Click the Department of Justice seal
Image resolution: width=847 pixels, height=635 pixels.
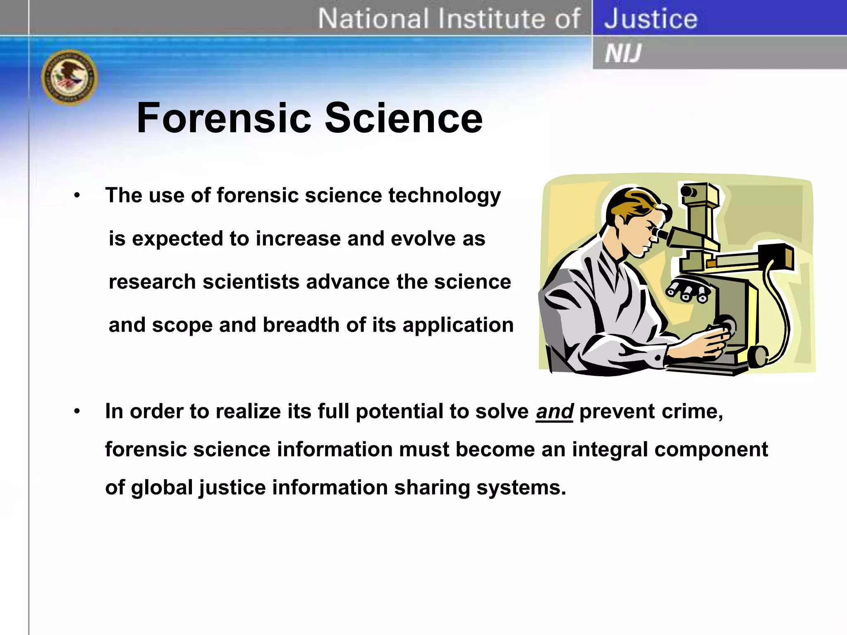pos(69,77)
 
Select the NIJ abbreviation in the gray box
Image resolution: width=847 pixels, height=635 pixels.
pos(623,53)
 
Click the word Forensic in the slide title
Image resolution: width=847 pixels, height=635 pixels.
pos(223,118)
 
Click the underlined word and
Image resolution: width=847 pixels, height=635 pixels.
pos(554,411)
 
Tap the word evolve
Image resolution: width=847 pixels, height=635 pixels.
pos(423,239)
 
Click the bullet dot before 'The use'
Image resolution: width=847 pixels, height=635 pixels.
pos(77,195)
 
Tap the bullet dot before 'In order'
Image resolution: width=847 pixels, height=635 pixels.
pos(77,411)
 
